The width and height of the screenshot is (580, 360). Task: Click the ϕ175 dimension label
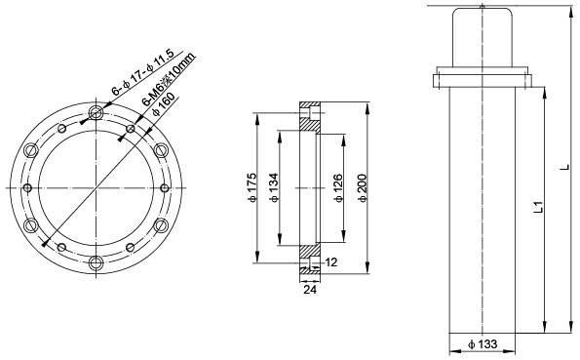(x=252, y=187)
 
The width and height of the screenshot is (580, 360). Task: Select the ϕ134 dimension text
(x=274, y=187)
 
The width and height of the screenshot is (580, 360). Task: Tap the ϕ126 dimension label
(x=338, y=187)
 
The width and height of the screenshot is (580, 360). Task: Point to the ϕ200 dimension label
(x=362, y=187)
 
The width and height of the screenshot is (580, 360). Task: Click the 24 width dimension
(x=310, y=290)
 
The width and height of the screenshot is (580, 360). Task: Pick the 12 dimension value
(x=331, y=262)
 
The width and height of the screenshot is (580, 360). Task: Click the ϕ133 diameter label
(x=483, y=344)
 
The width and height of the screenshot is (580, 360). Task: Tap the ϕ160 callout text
(x=164, y=104)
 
